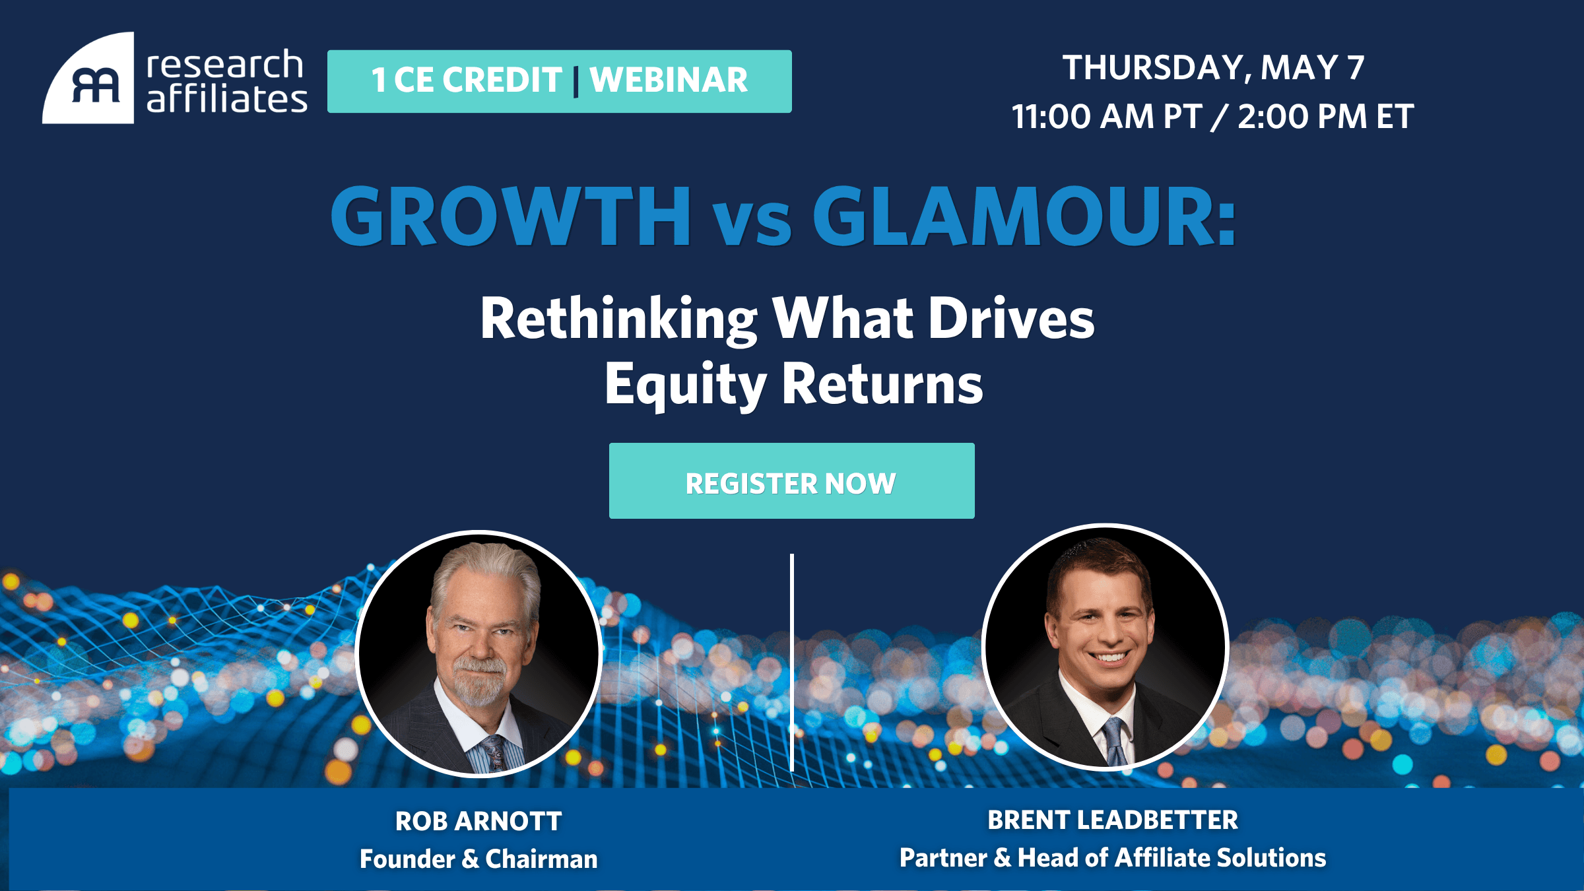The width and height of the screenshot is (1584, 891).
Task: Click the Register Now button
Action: tap(791, 480)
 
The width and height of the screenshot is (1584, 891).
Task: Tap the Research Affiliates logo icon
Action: tap(89, 79)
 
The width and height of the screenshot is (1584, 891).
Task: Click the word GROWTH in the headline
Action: tap(511, 216)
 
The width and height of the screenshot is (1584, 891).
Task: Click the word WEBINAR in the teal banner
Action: tap(669, 81)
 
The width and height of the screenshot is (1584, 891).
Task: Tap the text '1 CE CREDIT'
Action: tap(467, 81)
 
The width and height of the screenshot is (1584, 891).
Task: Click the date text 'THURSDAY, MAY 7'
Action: tap(1213, 68)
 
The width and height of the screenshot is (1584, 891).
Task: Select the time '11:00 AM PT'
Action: tap(1107, 117)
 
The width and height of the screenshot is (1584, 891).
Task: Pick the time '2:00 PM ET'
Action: tap(1325, 117)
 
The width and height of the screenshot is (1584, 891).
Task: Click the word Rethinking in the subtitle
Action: tap(619, 320)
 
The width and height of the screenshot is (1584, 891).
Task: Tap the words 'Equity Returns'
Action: tap(794, 385)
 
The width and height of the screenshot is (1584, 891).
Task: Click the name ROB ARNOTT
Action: tap(478, 822)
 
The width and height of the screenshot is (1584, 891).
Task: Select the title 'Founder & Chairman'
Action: tap(478, 859)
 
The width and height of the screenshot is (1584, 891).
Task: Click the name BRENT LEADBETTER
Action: tap(1113, 820)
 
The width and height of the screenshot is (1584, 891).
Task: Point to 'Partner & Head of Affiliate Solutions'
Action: tap(1113, 858)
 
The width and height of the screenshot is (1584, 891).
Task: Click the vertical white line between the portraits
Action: tap(792, 662)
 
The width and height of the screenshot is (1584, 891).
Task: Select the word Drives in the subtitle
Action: tap(1011, 319)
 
